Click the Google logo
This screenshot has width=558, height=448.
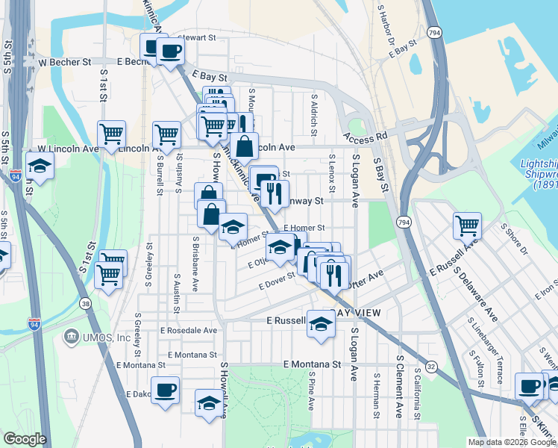point(25,439)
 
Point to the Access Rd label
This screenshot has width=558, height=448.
point(366,137)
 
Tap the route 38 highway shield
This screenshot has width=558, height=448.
point(86,303)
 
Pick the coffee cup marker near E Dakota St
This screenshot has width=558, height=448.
point(165,388)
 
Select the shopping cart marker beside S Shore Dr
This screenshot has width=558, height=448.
point(467,224)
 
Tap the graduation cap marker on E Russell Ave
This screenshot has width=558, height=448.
point(321,325)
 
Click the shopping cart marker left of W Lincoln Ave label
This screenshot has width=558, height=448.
point(111,134)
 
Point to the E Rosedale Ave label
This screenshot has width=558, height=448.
point(189,330)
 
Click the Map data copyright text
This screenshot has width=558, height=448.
point(512,442)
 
